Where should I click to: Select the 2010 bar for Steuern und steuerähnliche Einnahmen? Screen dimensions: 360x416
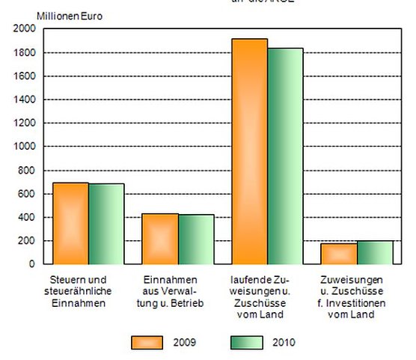106,224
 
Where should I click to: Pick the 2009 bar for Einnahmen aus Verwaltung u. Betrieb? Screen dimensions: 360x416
160,239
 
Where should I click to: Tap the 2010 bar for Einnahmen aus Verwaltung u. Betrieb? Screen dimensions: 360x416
196,240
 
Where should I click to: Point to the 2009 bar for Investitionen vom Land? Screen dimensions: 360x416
339,254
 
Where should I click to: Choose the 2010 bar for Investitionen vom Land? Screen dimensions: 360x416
375,252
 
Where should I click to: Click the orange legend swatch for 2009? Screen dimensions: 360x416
147,342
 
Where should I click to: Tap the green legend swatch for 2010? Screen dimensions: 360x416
246,342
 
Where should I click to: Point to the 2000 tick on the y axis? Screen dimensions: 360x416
24,28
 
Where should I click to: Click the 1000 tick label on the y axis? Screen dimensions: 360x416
24,147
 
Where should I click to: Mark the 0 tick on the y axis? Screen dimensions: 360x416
31,264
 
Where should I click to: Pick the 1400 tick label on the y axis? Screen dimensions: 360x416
24,100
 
